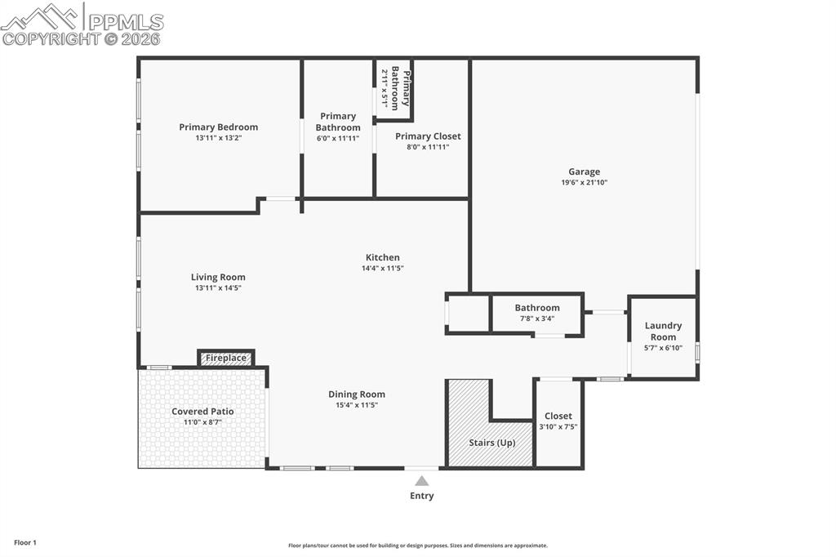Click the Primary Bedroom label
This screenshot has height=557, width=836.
tap(218, 127)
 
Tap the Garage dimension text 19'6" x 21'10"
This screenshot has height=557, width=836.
tap(584, 183)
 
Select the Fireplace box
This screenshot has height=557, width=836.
tap(226, 358)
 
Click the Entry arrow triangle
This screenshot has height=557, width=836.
tap(421, 481)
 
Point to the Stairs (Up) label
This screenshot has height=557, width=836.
tap(491, 443)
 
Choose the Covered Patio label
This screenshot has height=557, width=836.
tap(202, 412)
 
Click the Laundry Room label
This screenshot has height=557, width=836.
tap(663, 332)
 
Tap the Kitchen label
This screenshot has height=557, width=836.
tap(382, 257)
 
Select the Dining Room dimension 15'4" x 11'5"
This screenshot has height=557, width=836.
tap(357, 405)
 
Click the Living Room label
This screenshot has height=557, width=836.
tap(218, 277)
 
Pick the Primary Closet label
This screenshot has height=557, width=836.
tap(428, 136)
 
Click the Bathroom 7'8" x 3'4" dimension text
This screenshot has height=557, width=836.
tap(537, 319)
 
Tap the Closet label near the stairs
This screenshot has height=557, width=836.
tap(558, 416)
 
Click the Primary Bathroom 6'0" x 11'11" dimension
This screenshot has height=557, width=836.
tap(338, 138)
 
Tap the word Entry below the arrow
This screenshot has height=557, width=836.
tap(421, 496)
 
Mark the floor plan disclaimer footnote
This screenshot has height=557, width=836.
tap(417, 546)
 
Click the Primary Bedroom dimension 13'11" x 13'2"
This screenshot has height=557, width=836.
tap(218, 138)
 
